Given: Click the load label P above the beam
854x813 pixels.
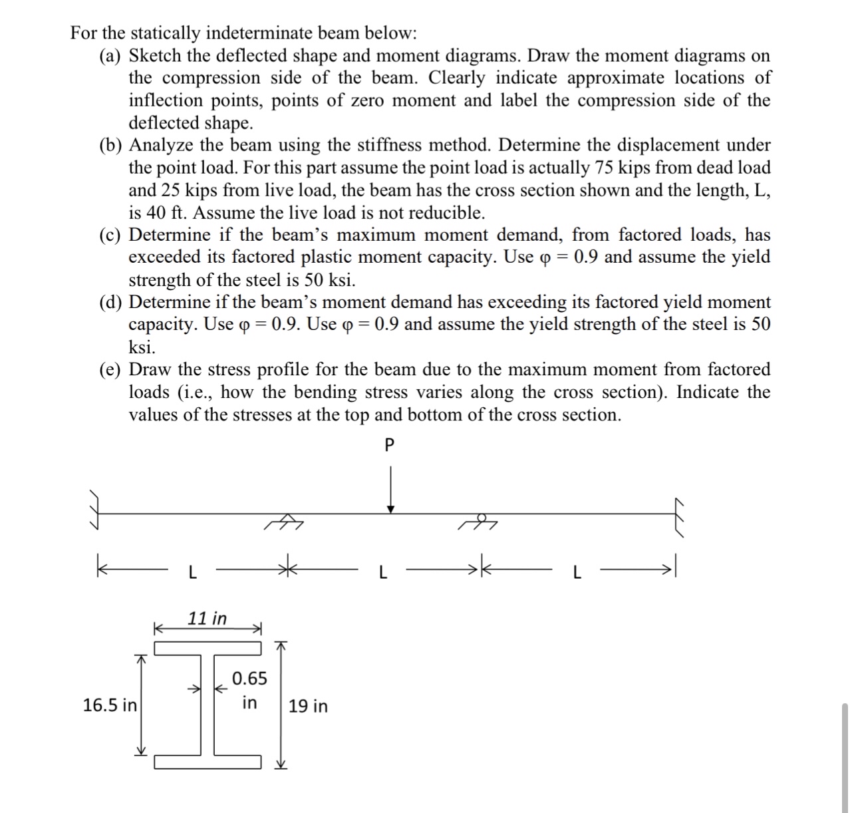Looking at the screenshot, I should tap(390, 446).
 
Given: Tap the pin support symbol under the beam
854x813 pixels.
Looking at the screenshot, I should tap(284, 522).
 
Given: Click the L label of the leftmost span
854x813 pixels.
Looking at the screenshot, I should tap(192, 572).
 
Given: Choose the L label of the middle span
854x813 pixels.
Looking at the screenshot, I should tap(382, 572).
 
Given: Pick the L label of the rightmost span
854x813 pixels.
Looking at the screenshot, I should tap(576, 572).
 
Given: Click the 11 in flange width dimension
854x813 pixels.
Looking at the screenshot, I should tap(207, 618).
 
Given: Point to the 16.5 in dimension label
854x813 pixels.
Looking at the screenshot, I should tap(109, 705).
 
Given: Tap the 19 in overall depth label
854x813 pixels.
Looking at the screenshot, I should tap(308, 706).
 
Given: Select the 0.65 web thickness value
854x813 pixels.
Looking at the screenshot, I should tap(249, 679).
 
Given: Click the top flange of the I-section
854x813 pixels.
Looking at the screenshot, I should tap(208, 648).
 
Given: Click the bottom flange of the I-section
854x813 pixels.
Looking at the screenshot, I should tap(208, 762).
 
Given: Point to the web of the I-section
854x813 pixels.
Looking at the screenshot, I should tap(207, 705).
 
